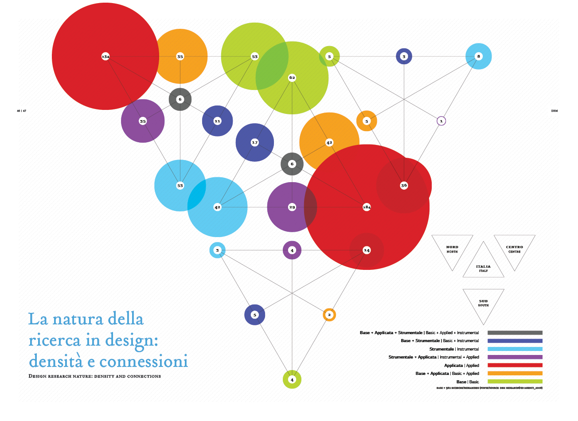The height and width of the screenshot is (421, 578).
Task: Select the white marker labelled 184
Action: (x=367, y=207)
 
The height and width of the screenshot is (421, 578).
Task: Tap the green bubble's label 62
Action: (x=292, y=78)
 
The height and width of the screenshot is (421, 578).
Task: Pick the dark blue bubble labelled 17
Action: (x=254, y=142)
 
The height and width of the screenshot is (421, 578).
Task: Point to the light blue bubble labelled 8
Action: (x=479, y=56)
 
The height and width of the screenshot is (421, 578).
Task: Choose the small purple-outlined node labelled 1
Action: (x=441, y=121)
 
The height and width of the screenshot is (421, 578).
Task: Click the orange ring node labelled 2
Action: (x=329, y=315)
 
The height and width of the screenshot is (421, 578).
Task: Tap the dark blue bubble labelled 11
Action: (x=217, y=121)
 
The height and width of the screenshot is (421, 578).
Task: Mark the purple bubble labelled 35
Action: (x=143, y=121)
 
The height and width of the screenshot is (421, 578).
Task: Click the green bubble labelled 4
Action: (x=292, y=379)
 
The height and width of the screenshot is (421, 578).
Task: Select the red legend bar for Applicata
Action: (x=515, y=365)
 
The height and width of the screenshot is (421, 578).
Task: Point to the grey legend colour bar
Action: (x=515, y=332)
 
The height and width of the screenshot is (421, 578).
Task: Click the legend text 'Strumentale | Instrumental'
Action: (x=454, y=349)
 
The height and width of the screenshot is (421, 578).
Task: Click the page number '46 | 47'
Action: (x=22, y=111)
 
